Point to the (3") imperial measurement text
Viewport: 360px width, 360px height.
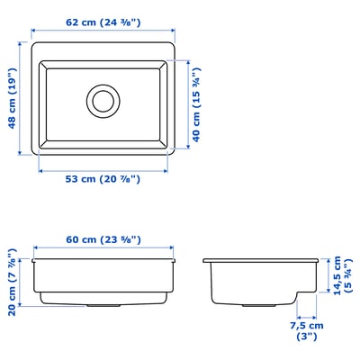[308, 338]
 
